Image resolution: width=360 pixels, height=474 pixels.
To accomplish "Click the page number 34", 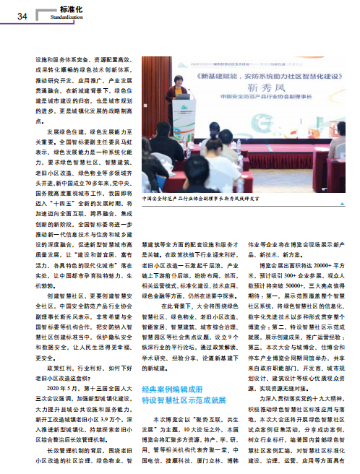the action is tap(21, 17).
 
